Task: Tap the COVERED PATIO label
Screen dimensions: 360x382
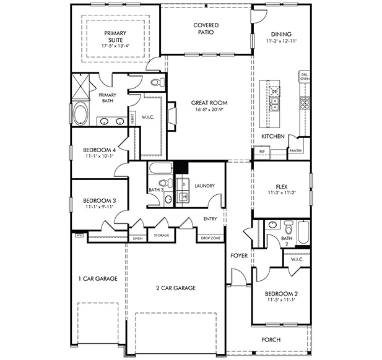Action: click(206, 28)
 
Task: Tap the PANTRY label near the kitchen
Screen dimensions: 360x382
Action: click(295, 150)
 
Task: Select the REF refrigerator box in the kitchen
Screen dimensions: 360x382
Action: click(261, 150)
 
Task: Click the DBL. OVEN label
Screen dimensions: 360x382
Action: click(305, 77)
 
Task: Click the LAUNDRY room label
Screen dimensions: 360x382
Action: click(204, 186)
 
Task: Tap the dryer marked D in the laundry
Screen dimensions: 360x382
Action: click(183, 184)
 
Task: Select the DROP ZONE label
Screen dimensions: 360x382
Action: click(211, 238)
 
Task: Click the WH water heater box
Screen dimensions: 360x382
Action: click(79, 235)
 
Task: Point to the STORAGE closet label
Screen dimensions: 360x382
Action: click(162, 235)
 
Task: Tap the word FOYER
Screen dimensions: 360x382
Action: click(240, 255)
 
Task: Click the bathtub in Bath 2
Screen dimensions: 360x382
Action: click(303, 233)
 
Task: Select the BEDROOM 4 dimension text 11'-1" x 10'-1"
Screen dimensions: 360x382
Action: click(100, 156)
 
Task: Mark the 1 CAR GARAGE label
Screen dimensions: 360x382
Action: click(97, 279)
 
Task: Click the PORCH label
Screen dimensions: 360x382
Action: click(271, 340)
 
